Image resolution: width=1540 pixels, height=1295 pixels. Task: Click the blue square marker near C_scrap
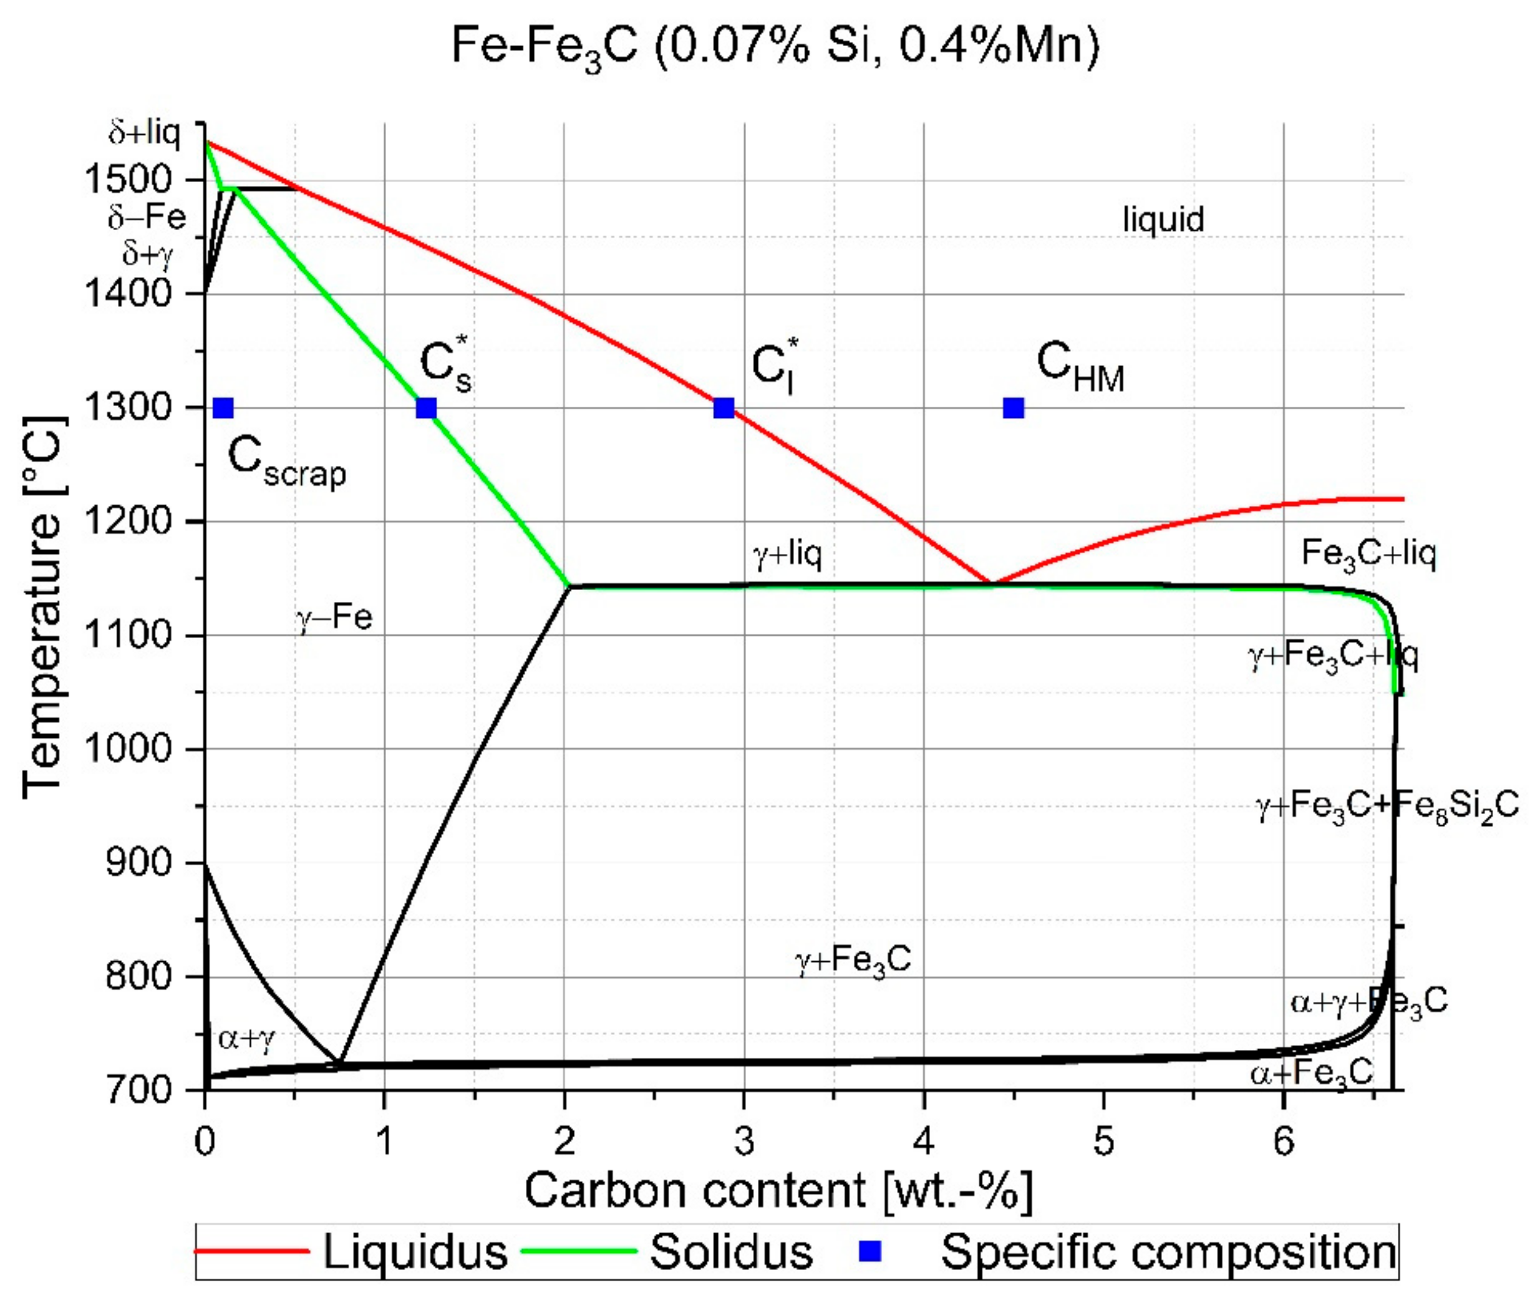pos(223,407)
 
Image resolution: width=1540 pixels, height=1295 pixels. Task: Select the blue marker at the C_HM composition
pos(1014,407)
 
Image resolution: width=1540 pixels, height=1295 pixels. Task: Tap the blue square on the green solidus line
pos(427,407)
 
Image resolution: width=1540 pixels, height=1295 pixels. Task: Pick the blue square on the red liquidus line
pos(724,407)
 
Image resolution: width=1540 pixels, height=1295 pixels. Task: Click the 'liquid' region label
pos(1163,220)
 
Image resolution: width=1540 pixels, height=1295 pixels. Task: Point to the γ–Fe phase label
pos(335,618)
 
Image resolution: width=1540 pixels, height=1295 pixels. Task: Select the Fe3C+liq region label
pos(1368,555)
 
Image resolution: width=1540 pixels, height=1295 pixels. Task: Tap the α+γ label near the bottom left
pos(246,1038)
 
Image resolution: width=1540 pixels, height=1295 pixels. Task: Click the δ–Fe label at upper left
pos(147,217)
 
